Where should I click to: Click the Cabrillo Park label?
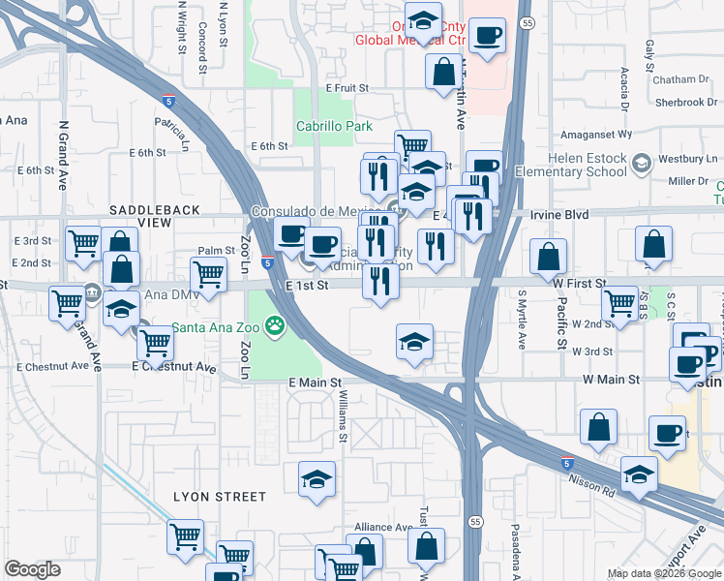334,127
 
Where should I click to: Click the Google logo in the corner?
32,569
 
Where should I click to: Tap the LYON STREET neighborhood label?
219,497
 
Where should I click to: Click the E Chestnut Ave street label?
174,367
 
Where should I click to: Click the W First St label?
575,283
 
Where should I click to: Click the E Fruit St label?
347,88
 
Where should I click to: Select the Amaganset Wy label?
605,135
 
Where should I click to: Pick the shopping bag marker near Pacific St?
549,257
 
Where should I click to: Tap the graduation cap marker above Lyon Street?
317,480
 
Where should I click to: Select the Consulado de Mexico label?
319,211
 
